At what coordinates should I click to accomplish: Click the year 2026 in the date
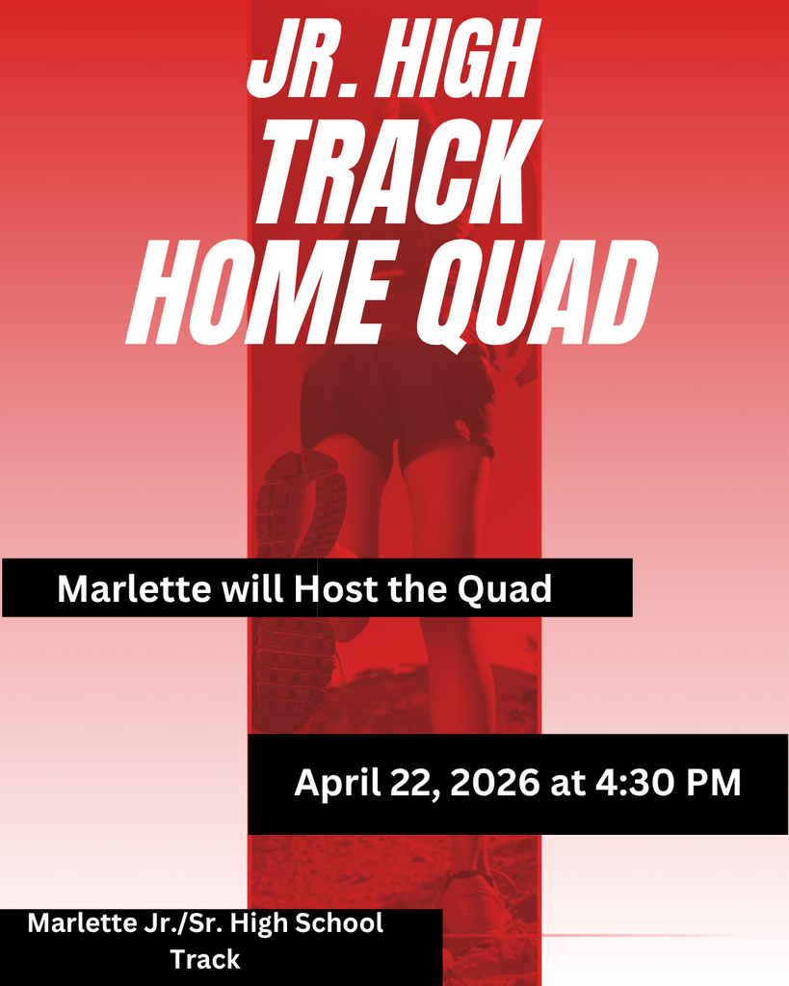[x=493, y=783]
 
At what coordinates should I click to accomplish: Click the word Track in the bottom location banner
[x=205, y=959]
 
